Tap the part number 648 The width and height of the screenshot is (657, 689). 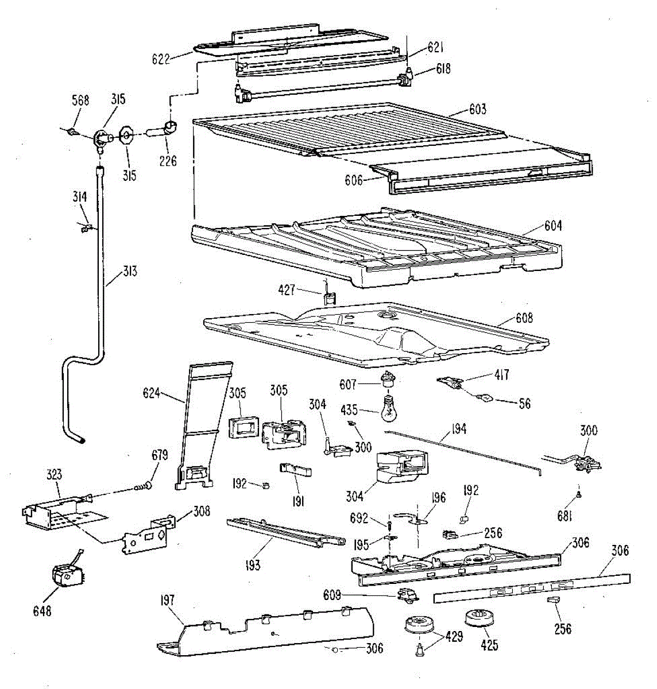(x=42, y=611)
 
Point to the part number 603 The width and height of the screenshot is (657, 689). (x=477, y=109)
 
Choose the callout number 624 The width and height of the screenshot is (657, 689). (x=152, y=394)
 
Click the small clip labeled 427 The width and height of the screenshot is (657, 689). (x=330, y=297)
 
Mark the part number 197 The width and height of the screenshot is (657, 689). (x=168, y=601)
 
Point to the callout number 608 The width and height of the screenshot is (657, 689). (x=524, y=318)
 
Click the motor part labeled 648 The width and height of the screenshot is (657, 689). (x=65, y=575)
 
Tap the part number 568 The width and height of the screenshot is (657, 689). (x=80, y=100)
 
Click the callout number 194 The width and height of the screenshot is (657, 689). (x=458, y=428)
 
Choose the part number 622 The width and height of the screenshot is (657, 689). (x=161, y=58)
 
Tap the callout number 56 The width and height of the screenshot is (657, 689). (x=524, y=404)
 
